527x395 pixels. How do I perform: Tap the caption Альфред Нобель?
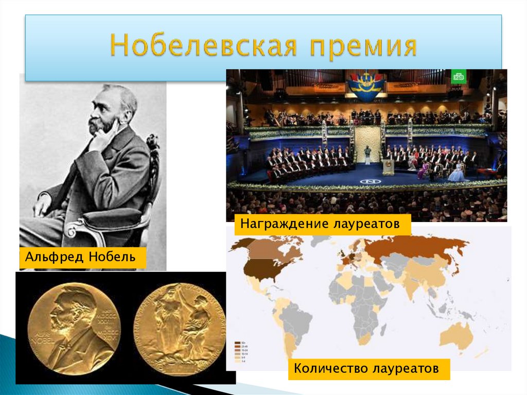click(82, 257)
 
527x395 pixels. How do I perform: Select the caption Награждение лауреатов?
click(322, 225)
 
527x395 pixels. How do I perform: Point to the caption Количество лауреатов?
click(366, 369)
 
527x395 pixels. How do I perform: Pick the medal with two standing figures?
click(180, 328)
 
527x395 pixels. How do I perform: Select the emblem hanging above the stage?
click(366, 84)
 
